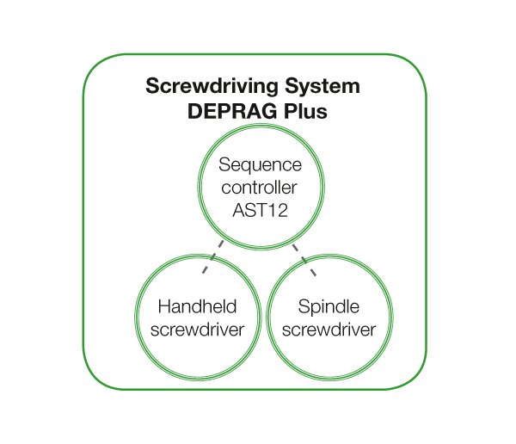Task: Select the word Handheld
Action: click(x=198, y=307)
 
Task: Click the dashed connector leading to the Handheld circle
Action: click(x=215, y=256)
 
